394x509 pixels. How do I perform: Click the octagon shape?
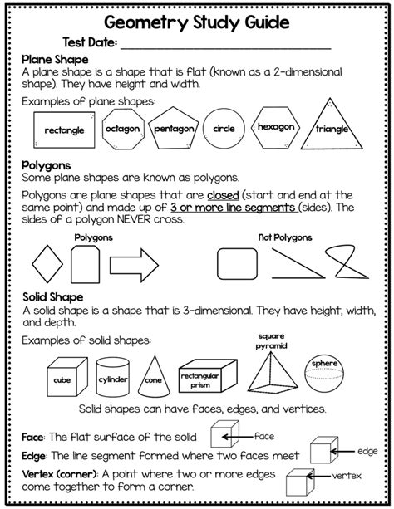pyautogui.click(x=122, y=130)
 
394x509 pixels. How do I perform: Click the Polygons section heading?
pyautogui.click(x=47, y=165)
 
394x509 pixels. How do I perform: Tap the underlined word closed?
pyautogui.click(x=255, y=195)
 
